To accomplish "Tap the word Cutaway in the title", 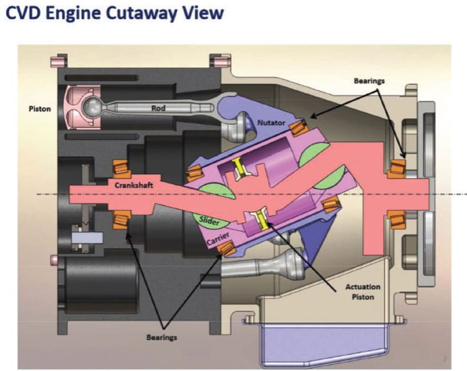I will tap(150, 13).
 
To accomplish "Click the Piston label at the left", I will tap(40, 109).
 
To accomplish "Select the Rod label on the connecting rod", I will tap(159, 108).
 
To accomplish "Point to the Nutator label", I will tap(271, 123).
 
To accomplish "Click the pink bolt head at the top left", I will tap(58, 61).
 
